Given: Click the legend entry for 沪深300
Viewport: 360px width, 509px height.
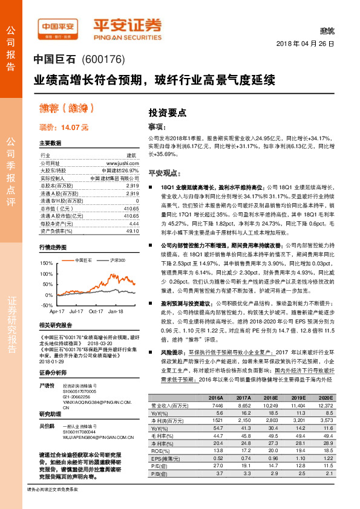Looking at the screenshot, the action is click(x=117, y=260).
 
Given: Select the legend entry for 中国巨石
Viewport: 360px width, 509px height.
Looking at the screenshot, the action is click(x=83, y=260).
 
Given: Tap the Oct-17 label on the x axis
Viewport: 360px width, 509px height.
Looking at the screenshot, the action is click(x=96, y=311).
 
